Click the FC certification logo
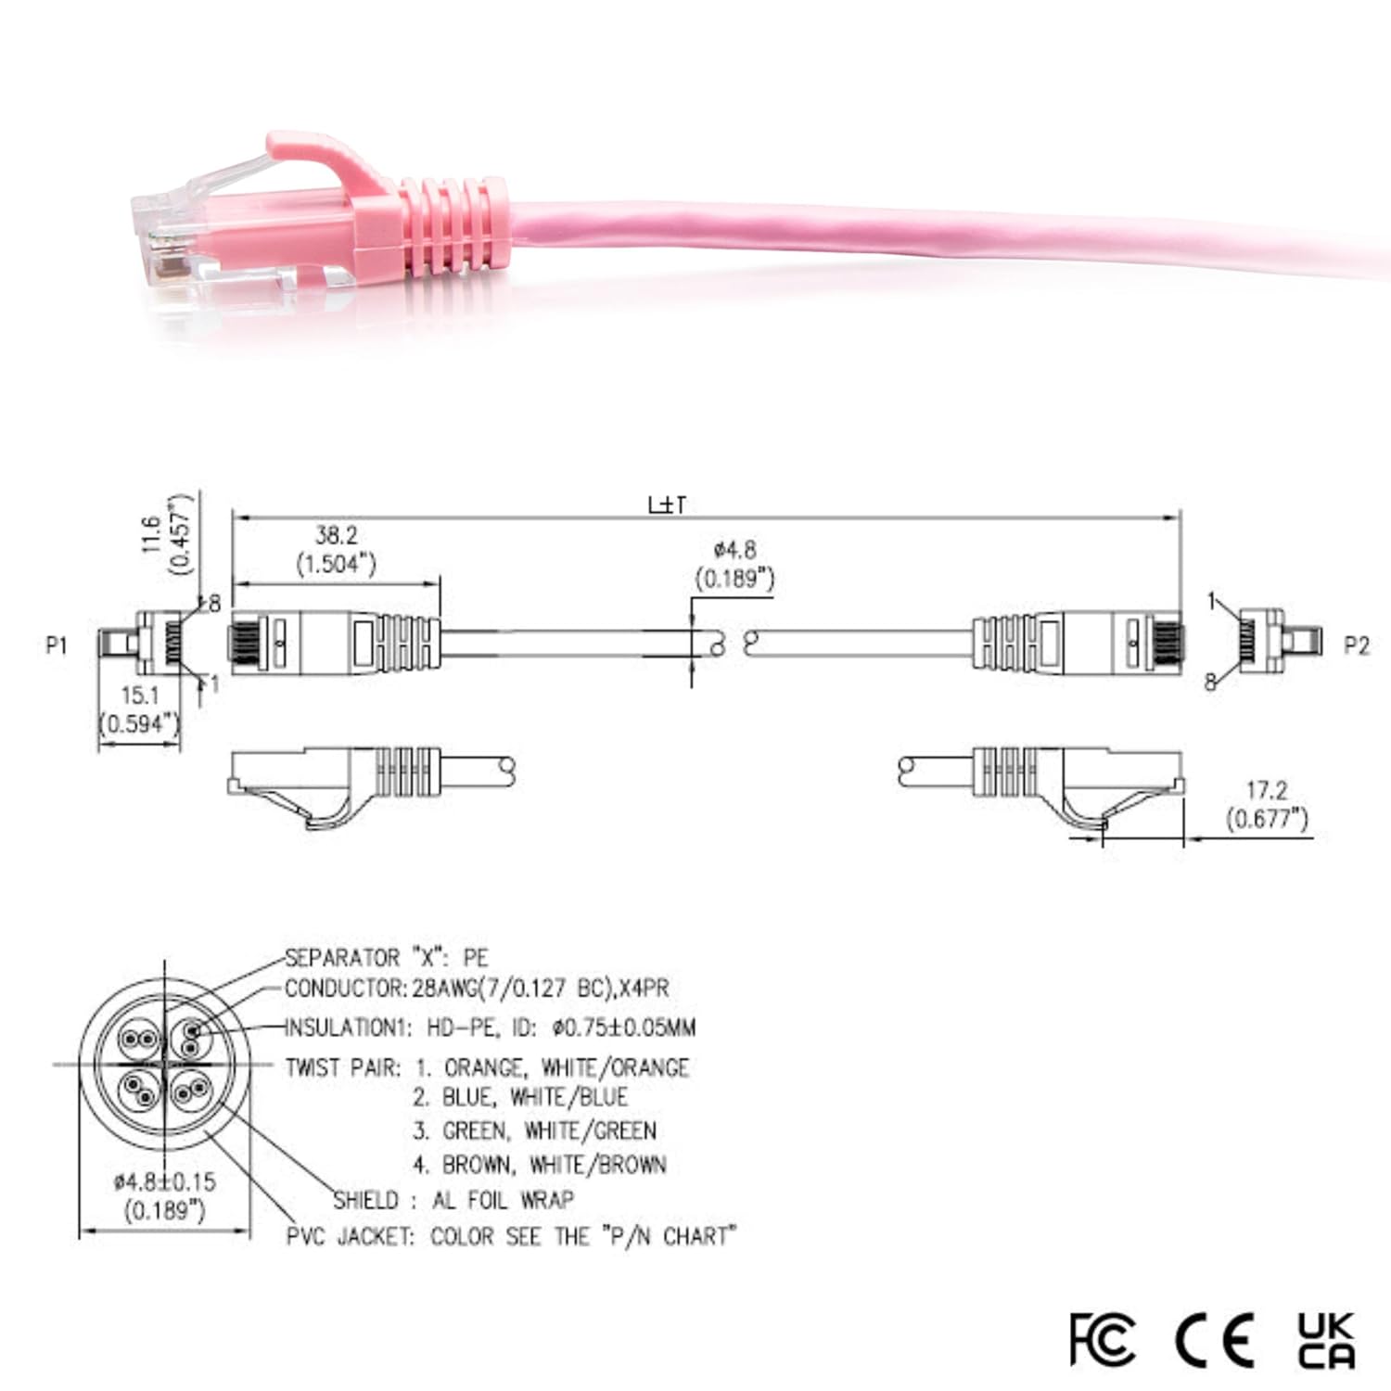(x=1102, y=1339)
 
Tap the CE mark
(x=1215, y=1339)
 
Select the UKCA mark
(x=1326, y=1339)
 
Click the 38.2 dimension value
(x=336, y=535)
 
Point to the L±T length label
(x=667, y=504)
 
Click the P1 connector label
(x=57, y=644)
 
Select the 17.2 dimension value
(x=1266, y=790)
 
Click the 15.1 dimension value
(x=140, y=695)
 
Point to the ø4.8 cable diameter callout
(x=734, y=550)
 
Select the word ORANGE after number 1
(x=484, y=1067)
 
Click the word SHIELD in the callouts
(x=366, y=1200)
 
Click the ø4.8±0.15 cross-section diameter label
(x=164, y=1181)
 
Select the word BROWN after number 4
(x=477, y=1165)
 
